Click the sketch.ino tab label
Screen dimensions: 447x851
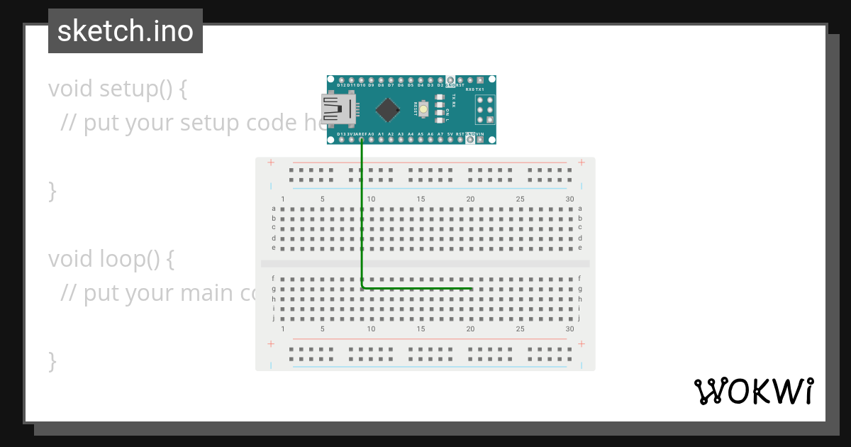click(126, 31)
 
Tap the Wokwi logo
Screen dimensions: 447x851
click(753, 391)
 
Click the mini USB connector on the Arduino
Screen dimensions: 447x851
click(339, 109)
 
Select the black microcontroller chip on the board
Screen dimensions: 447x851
click(387, 109)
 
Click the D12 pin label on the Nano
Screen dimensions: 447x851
click(341, 85)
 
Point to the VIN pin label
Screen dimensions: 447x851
click(480, 133)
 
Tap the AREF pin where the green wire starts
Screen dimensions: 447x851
click(362, 140)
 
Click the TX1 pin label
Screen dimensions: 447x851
click(480, 89)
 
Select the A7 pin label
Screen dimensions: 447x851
click(440, 133)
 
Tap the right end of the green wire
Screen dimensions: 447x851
click(472, 288)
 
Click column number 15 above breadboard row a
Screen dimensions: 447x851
click(421, 199)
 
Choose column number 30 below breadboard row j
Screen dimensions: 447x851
click(569, 329)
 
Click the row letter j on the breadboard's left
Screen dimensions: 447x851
click(274, 319)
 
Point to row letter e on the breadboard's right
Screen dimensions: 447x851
click(579, 248)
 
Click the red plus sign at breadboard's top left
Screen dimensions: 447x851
click(270, 162)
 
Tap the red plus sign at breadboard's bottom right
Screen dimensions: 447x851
click(581, 343)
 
